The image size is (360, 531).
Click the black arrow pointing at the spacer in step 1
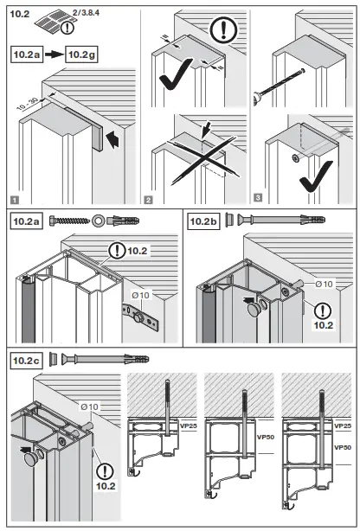[x=112, y=137]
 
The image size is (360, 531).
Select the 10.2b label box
[x=203, y=221]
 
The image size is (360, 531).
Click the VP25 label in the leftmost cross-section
[x=185, y=425]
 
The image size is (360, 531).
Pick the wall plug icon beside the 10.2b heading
[x=305, y=221]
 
